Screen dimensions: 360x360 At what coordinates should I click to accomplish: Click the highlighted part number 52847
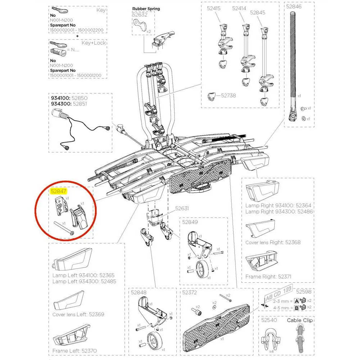[x=58, y=191]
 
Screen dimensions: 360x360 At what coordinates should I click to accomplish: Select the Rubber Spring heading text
[x=146, y=9]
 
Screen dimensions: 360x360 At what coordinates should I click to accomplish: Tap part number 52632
[x=140, y=15]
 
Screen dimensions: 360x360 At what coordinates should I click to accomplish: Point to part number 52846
[x=294, y=6]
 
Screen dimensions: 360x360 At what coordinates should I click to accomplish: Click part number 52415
[x=213, y=8]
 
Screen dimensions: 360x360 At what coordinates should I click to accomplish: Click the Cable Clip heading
[x=300, y=320]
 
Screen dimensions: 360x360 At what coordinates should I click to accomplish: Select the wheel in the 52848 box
[x=153, y=340]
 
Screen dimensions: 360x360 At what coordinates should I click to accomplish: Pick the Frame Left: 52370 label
[x=75, y=350]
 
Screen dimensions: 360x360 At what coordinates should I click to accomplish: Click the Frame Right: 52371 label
[x=268, y=276]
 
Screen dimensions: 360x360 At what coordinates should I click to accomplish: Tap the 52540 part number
[x=269, y=320]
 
